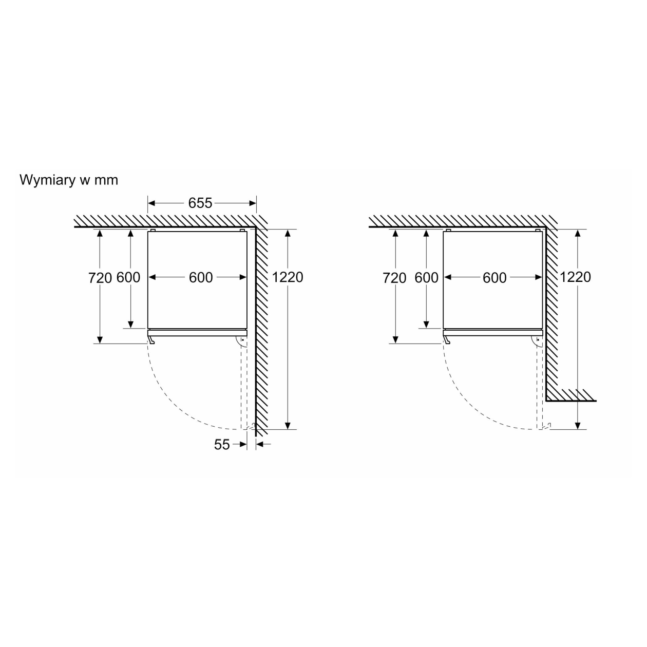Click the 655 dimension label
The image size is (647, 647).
click(x=200, y=203)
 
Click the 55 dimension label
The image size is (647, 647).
click(x=222, y=445)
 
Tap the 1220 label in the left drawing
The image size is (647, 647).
click(x=288, y=277)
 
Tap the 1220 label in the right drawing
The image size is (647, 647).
click(x=575, y=277)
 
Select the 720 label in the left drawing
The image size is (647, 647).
click(x=100, y=278)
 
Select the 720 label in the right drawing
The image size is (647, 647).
click(x=394, y=278)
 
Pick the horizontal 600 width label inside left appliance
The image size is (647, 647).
click(x=201, y=278)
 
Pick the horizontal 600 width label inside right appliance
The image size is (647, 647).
click(x=494, y=278)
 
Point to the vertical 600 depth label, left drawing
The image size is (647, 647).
click(x=128, y=278)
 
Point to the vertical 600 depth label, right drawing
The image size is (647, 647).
click(x=426, y=278)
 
